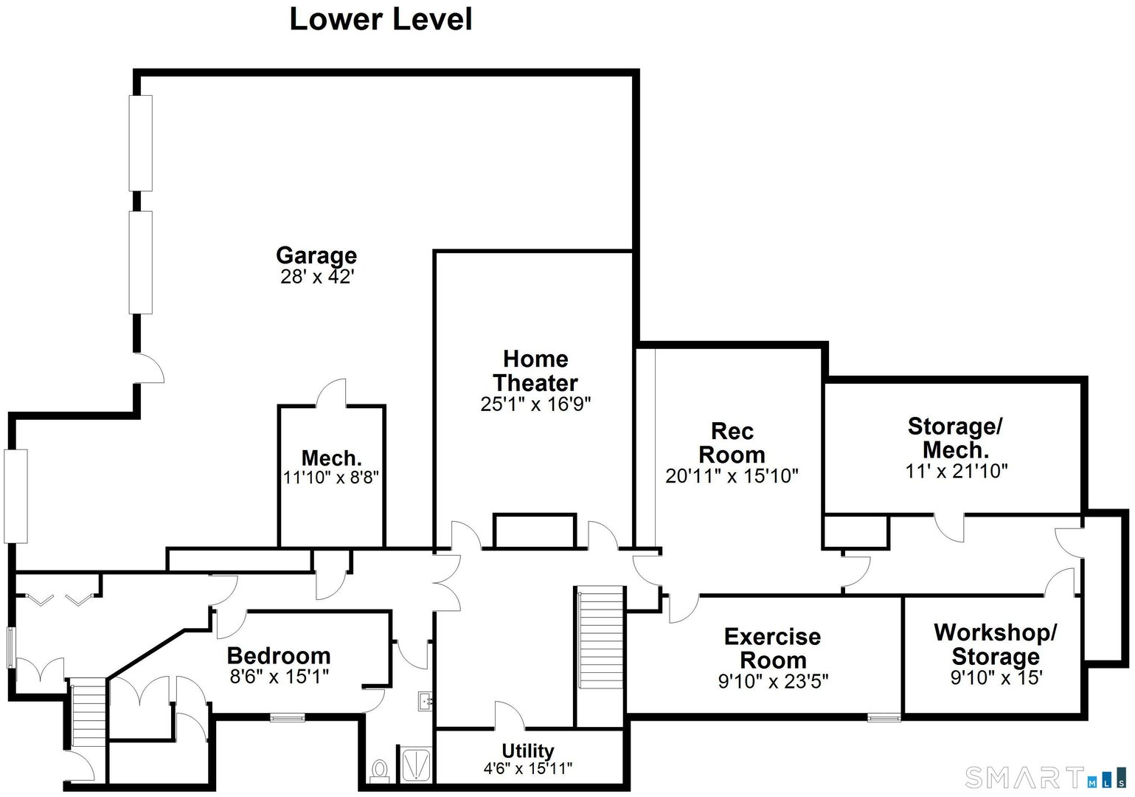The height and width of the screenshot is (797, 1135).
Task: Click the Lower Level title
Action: click(x=381, y=19)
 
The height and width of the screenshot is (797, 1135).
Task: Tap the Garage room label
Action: click(x=316, y=255)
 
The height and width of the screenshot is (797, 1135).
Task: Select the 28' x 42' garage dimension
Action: click(x=317, y=277)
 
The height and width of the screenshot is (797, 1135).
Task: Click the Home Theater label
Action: click(x=535, y=370)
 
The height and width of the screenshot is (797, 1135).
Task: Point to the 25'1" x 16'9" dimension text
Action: click(x=535, y=404)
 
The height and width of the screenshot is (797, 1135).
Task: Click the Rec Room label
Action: click(x=732, y=443)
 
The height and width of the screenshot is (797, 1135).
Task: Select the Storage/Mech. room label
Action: click(x=955, y=438)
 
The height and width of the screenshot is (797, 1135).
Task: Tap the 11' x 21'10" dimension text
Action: click(x=956, y=471)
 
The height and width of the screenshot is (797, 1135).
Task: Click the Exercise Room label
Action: click(x=772, y=648)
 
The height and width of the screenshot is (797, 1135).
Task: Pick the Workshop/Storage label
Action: click(x=995, y=644)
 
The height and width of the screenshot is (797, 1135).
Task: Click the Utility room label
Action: click(x=527, y=751)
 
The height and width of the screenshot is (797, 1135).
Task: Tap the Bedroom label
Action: click(x=279, y=655)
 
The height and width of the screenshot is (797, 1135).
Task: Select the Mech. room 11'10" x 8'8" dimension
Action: click(x=331, y=478)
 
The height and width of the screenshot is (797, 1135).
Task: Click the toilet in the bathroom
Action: click(x=380, y=771)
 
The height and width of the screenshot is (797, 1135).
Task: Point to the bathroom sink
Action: click(x=426, y=700)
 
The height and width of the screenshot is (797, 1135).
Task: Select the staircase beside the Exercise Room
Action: click(x=600, y=639)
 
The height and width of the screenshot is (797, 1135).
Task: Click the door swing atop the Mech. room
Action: click(x=333, y=393)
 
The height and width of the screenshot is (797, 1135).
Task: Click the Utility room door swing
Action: click(x=508, y=716)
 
